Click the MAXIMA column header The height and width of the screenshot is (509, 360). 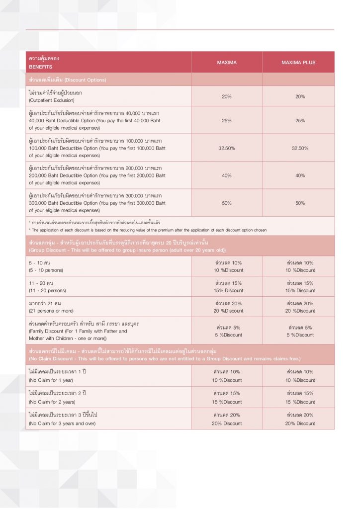tap(227, 63)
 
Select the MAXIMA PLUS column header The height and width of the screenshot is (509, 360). tap(298, 63)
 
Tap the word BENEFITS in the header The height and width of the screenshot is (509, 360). tap(40, 67)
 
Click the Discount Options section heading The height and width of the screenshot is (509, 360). tap(68, 80)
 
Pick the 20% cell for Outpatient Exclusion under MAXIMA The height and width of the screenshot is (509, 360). tap(227, 96)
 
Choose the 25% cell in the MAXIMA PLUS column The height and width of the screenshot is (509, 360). tap(300, 121)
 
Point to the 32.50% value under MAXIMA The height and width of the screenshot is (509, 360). tap(227, 148)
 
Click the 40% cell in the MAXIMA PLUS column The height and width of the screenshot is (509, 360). tap(300, 175)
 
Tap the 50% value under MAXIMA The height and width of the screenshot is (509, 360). tap(227, 203)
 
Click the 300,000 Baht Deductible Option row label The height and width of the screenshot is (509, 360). tap(97, 203)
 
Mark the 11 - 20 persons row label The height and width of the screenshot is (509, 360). tap(47, 290)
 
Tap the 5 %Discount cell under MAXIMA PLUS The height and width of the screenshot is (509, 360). tap(300, 335)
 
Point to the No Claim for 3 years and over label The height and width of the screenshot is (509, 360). tap(62, 424)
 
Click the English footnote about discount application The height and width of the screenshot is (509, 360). tap(148, 230)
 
